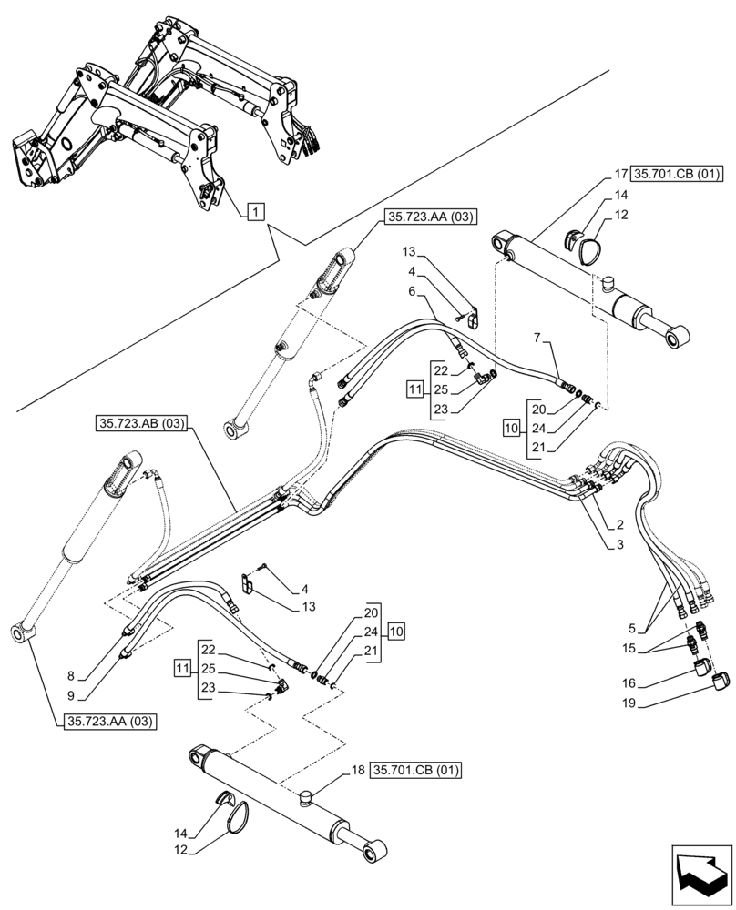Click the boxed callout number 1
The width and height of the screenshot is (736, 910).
pos(255,212)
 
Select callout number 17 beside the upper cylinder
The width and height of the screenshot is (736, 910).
pos(618,173)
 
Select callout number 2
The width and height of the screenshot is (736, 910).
pos(619,525)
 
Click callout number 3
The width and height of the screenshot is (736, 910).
pos(619,544)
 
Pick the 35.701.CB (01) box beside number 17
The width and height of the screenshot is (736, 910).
pos(675,173)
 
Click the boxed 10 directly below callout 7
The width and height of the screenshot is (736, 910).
pos(510,426)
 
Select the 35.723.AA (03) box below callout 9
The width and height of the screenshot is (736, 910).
pos(110,722)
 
